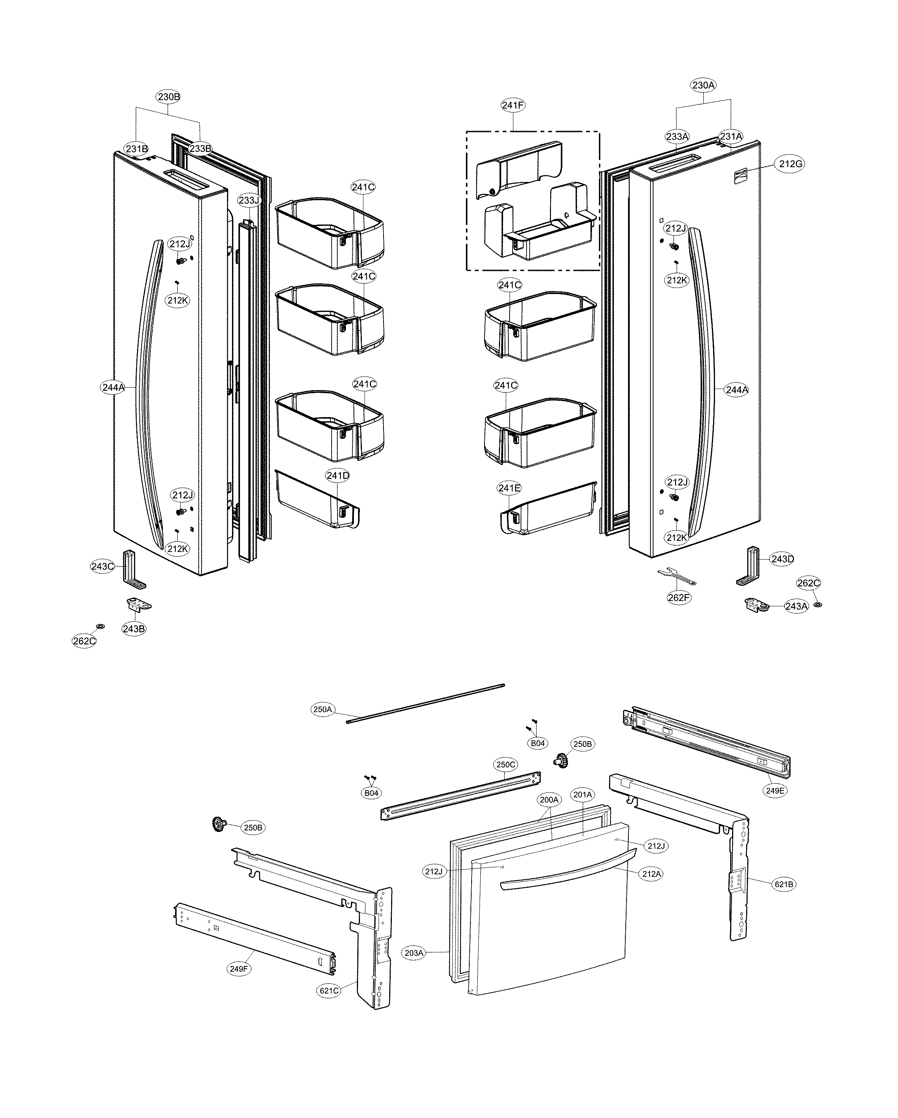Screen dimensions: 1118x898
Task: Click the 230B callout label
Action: (169, 96)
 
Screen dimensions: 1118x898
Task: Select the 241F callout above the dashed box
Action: (513, 105)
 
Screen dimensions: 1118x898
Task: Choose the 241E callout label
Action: (509, 488)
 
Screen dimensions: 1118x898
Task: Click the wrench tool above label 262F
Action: (676, 576)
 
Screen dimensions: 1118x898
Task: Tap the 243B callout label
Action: (134, 628)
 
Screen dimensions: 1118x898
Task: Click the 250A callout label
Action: (322, 709)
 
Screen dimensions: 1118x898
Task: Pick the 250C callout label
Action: (506, 764)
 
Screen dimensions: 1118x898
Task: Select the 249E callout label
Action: (775, 791)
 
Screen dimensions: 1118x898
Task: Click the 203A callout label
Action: (413, 953)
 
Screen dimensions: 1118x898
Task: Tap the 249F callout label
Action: (239, 968)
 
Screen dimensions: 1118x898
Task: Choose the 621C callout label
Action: (329, 990)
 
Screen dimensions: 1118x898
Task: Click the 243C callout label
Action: (102, 566)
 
